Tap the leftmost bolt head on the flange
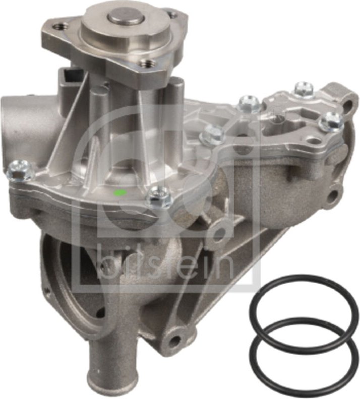[20, 170]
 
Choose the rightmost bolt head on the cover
[332, 121]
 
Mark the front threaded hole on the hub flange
[146, 64]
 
